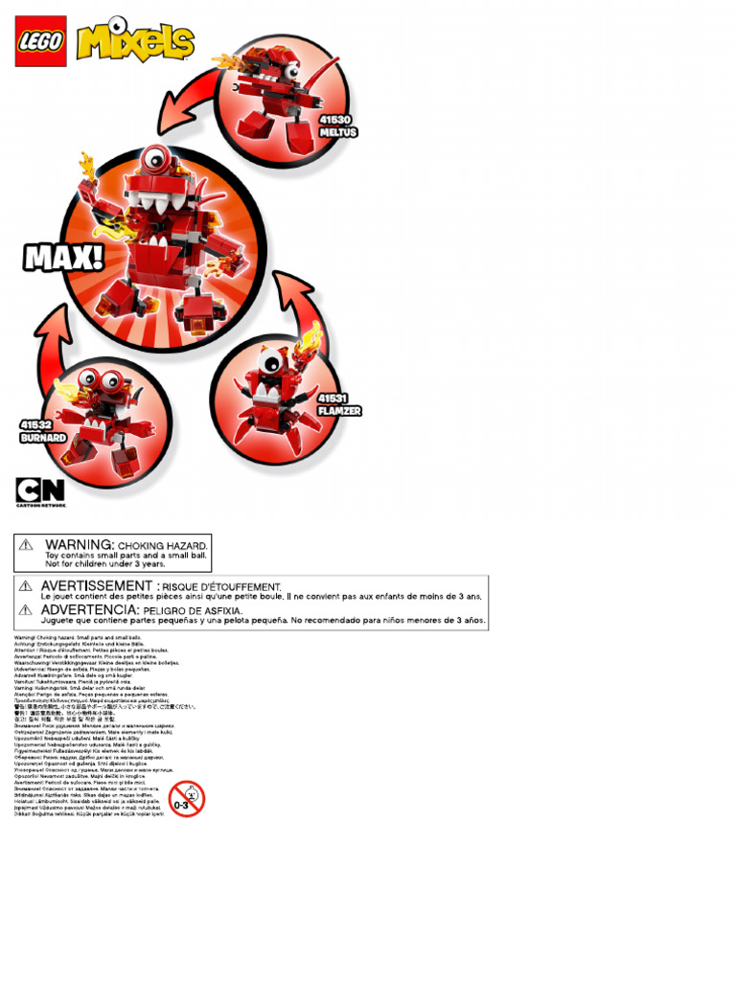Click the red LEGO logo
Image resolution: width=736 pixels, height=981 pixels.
coord(40,41)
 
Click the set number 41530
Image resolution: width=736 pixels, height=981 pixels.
coord(335,121)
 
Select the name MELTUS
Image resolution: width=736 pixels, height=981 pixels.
coord(337,132)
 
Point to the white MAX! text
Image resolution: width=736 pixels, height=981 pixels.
coord(63,258)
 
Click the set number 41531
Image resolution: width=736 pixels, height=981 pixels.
coord(333,398)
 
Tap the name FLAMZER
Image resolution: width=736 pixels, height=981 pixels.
coord(339,410)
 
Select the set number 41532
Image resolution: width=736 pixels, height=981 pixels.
coord(35,424)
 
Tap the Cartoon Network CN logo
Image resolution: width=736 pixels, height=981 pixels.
coord(39,490)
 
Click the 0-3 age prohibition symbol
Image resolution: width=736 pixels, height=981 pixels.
coord(186,799)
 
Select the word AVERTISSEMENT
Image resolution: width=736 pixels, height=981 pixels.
coord(97,585)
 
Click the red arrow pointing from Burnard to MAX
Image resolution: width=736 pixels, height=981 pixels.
coord(57,335)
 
